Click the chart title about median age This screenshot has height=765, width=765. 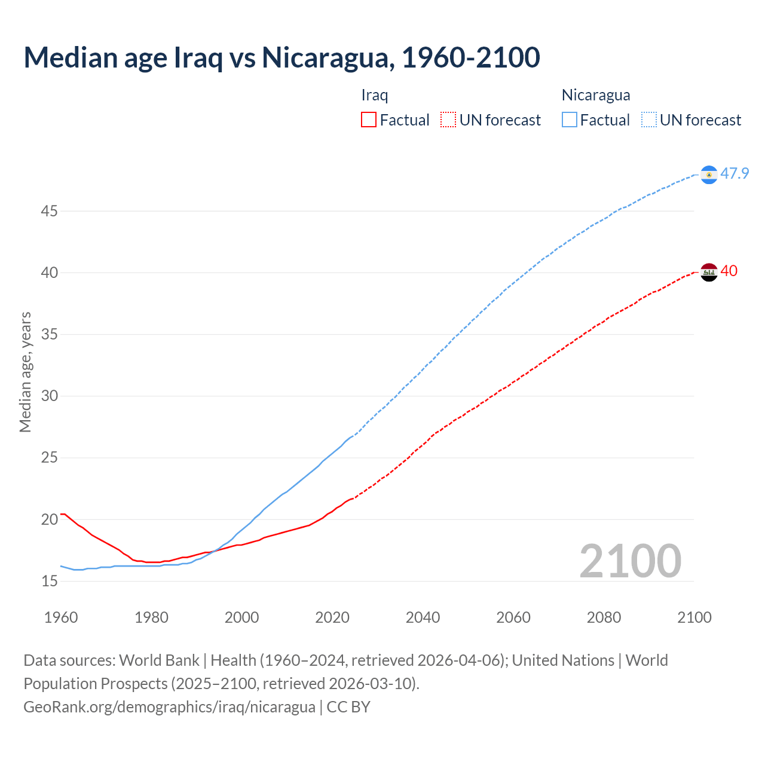(x=281, y=57)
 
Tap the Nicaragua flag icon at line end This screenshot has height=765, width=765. (x=709, y=175)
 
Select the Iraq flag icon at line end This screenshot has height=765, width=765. (x=709, y=272)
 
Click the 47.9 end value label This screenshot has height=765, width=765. (x=735, y=174)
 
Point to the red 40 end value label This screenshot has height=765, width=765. (x=729, y=271)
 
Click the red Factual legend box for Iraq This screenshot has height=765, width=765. (x=369, y=120)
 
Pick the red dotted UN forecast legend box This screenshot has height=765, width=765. (x=448, y=120)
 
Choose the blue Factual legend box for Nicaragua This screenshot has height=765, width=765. (x=570, y=120)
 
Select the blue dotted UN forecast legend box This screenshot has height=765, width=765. (x=649, y=120)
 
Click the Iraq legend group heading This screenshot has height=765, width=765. (x=375, y=95)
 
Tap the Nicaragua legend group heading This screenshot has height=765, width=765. (x=596, y=95)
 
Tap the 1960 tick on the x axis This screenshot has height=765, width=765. (x=61, y=617)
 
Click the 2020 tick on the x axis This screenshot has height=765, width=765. (x=332, y=617)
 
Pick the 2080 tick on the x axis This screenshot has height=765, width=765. (x=604, y=617)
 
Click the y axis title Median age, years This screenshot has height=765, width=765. (x=25, y=372)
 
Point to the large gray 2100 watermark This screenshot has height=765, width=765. (x=630, y=561)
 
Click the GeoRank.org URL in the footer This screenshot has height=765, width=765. (x=169, y=707)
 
